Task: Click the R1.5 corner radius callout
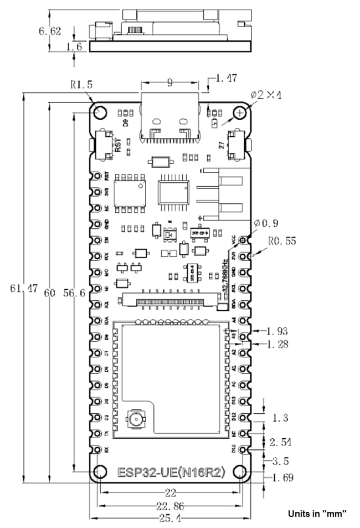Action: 81,85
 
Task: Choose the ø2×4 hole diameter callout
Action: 266,95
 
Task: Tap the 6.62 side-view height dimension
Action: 50,30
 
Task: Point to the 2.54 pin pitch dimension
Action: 281,442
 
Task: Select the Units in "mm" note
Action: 317,514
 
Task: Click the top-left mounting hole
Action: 100,111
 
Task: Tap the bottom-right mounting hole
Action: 240,471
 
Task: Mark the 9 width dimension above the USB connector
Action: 170,83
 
